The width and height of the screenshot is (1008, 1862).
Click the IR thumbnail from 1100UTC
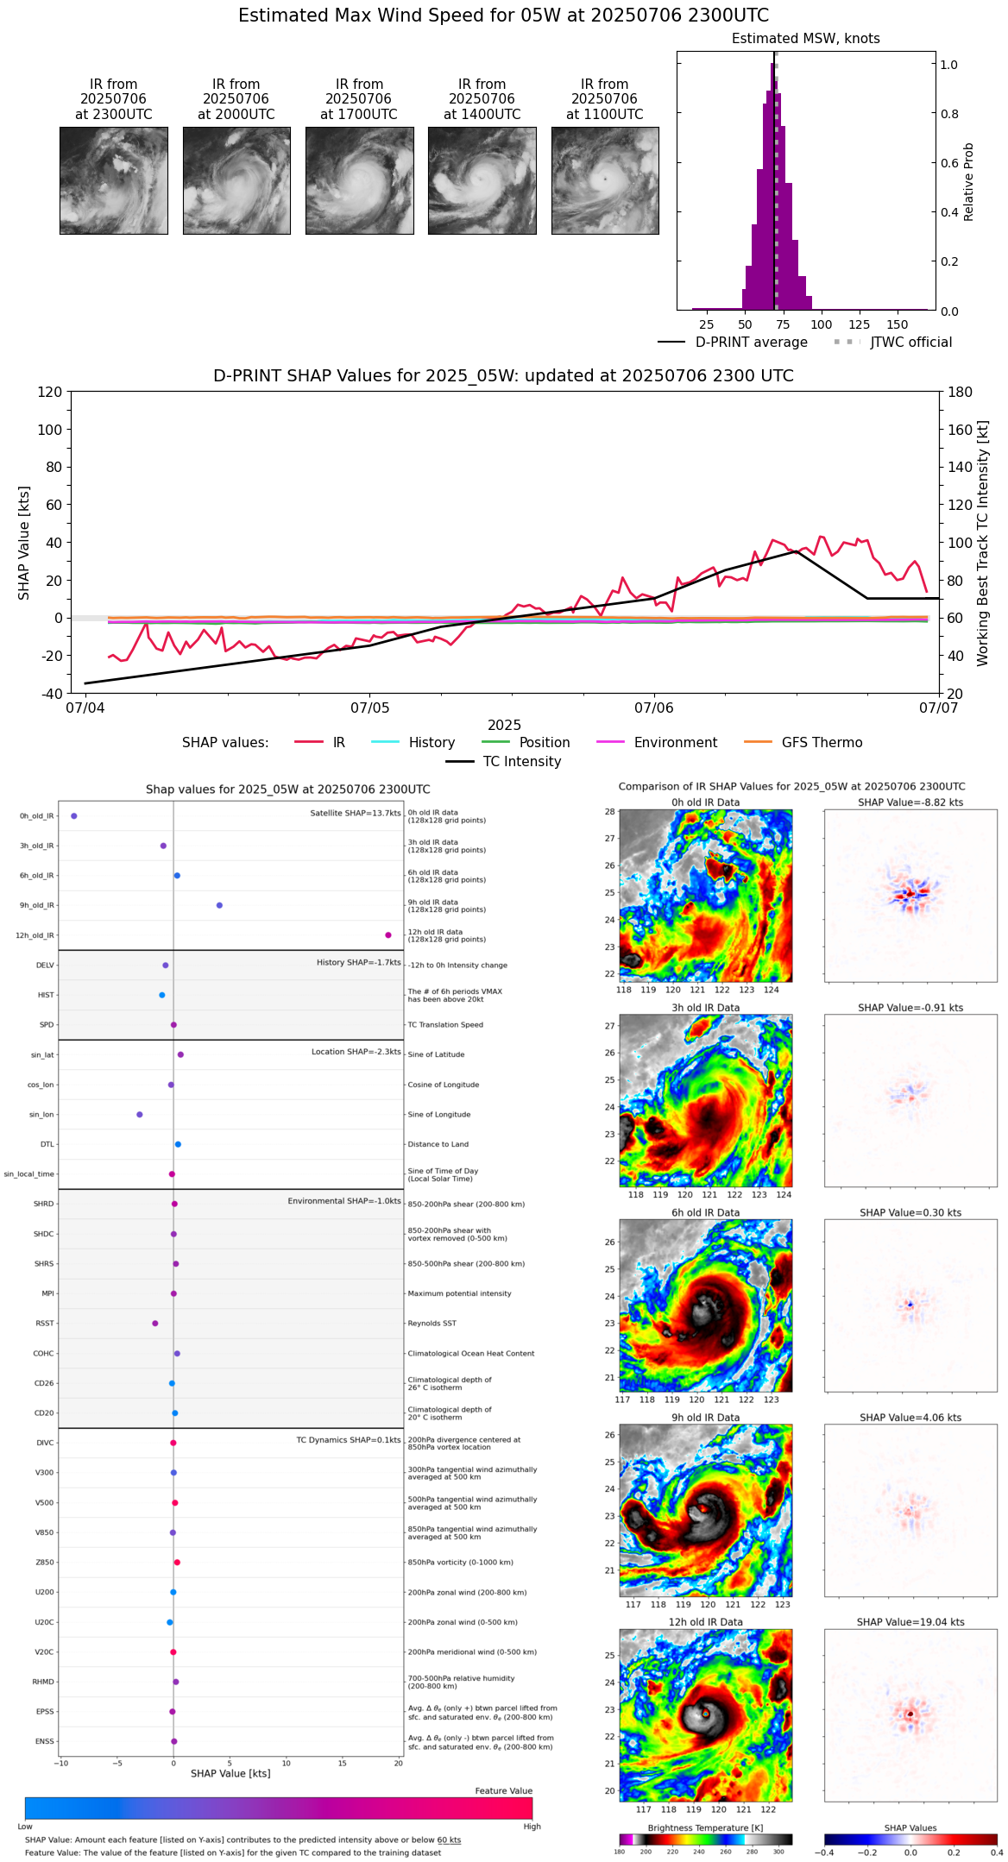(x=605, y=180)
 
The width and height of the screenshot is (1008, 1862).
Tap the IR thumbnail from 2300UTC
(x=113, y=180)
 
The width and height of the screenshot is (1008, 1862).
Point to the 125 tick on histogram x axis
(x=860, y=324)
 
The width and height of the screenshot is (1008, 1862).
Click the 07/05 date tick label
(x=369, y=708)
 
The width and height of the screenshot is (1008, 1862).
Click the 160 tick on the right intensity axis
(x=961, y=430)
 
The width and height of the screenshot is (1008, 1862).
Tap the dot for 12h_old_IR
(x=388, y=935)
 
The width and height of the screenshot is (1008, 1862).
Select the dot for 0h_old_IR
(x=74, y=815)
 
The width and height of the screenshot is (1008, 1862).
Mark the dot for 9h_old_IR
(x=219, y=905)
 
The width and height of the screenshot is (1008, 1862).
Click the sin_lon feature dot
(x=140, y=1115)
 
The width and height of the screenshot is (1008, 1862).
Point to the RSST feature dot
(x=155, y=1324)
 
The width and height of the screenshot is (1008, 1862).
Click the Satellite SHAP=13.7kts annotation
(x=356, y=814)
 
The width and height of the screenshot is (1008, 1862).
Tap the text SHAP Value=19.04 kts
(x=910, y=1622)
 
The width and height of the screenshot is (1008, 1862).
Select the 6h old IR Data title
(x=705, y=1212)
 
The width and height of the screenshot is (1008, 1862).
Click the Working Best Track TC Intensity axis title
(x=983, y=544)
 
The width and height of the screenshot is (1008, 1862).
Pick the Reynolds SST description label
(x=432, y=1324)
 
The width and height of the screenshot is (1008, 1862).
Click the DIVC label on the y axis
(x=45, y=1443)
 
